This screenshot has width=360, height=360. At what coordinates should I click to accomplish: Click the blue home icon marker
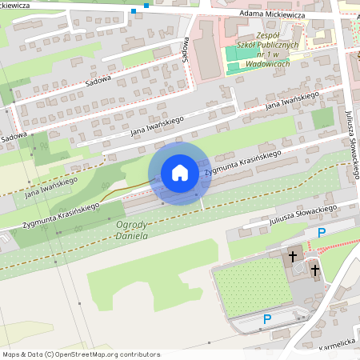pos(180,173)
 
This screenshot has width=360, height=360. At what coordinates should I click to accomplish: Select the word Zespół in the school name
pos(259,35)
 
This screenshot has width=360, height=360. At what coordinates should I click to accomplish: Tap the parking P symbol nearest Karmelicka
pos(267,319)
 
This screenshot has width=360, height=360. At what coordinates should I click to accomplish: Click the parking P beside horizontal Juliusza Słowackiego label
pos(322,233)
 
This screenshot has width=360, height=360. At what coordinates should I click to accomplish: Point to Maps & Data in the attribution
pos(22,354)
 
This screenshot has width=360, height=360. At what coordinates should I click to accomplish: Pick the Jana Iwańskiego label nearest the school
pos(292,102)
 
